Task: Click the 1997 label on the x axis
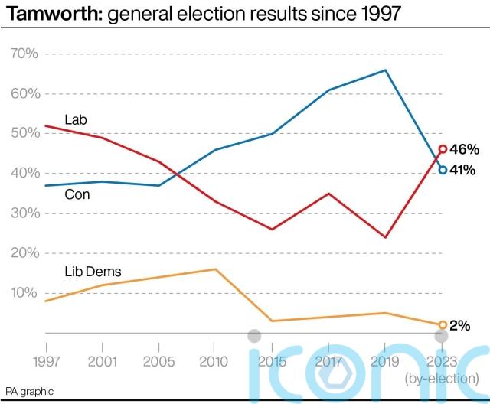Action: tap(45, 361)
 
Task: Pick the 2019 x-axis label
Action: tap(385, 361)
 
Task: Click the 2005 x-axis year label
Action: tap(158, 361)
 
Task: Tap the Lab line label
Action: tap(75, 120)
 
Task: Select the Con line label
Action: tap(77, 195)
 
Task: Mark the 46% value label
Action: tap(464, 149)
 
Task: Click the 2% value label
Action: tap(459, 325)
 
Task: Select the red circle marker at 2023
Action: tap(443, 149)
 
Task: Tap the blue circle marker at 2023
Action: tap(443, 170)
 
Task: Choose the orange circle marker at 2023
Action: tap(443, 325)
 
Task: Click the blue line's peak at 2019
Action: tap(385, 70)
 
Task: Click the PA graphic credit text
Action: tap(30, 392)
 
